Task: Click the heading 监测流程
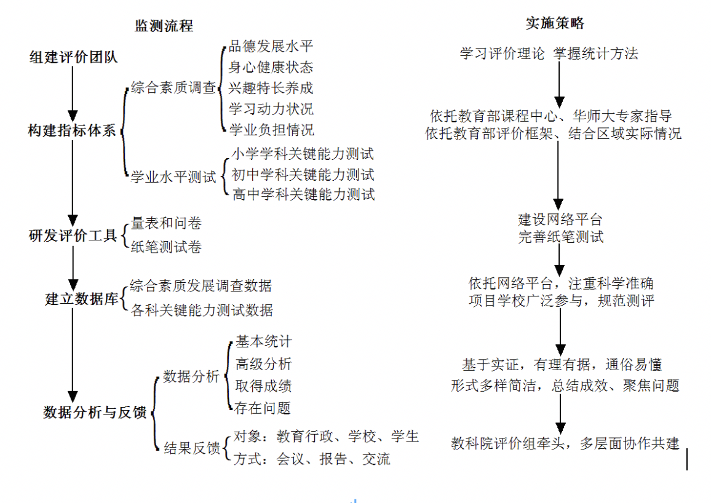coord(164,25)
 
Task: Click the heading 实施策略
coord(555,23)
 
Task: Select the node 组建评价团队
coord(73,57)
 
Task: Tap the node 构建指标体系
coord(72,130)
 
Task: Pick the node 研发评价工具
coord(73,235)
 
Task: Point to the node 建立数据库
coord(82,299)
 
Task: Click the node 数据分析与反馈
coord(95,412)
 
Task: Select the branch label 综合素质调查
coord(173,87)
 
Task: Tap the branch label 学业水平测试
coord(173,176)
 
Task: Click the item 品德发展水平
coord(271,46)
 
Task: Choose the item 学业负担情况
coord(271,130)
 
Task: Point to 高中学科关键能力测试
coord(303,194)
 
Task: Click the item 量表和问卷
coord(166,223)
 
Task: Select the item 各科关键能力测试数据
coord(202,310)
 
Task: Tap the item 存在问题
coord(263,408)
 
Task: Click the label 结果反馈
coord(192,448)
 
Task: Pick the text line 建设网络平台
coord(560,220)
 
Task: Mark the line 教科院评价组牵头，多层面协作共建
coord(565,443)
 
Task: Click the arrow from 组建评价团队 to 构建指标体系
coord(73,93)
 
